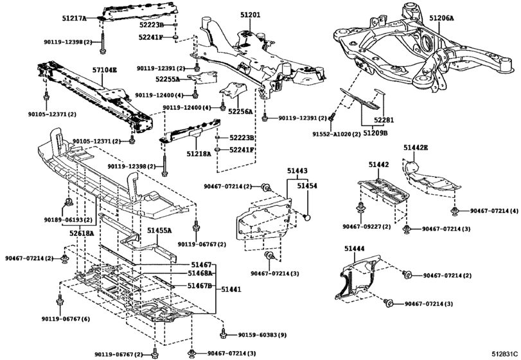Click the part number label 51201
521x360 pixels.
(251, 15)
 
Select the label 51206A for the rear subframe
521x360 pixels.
(441, 18)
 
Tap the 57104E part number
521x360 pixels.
(104, 70)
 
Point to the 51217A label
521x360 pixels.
(74, 18)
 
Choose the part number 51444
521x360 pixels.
(354, 248)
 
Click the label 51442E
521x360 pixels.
(416, 147)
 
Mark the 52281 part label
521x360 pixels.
(384, 120)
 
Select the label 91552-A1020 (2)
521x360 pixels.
(336, 134)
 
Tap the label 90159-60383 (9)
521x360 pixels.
(262, 335)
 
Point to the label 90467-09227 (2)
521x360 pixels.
(366, 227)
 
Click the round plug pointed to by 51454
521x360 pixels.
(308, 217)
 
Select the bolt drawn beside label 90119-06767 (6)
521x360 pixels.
(60, 300)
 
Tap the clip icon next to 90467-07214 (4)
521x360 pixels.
(455, 211)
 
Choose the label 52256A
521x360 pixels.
(240, 111)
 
